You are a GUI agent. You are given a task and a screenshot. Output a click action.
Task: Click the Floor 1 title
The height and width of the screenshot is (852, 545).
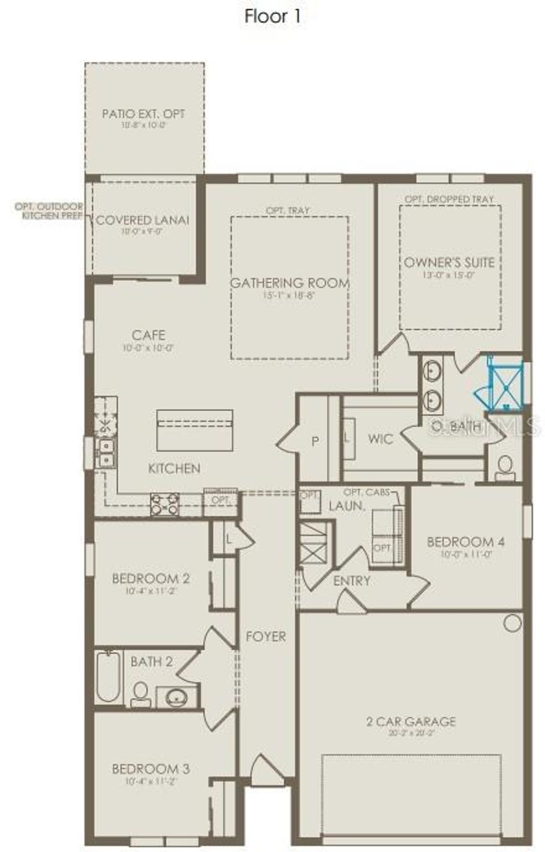tap(272, 17)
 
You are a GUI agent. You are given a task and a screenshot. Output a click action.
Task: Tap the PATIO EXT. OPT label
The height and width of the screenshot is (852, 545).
tap(144, 113)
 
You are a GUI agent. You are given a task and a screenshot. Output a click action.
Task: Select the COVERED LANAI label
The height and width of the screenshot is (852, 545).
tap(142, 220)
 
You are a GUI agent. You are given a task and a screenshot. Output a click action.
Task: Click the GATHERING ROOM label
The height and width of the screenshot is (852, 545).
tap(290, 283)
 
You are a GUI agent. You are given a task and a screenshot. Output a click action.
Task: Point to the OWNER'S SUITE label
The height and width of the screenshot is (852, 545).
tap(449, 262)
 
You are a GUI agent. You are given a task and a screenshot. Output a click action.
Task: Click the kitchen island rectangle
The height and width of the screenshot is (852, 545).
tap(195, 431)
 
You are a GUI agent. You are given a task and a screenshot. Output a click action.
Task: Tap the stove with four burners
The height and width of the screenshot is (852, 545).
tap(164, 504)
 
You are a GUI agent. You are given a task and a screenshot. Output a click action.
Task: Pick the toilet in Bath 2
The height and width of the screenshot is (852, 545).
tap(141, 694)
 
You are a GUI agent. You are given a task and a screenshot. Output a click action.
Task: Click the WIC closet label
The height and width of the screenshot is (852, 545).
tap(381, 439)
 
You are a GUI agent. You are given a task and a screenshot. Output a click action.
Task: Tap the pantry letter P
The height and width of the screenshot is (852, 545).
tap(315, 442)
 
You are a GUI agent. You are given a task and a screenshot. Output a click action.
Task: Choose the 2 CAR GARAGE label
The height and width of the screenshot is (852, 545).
tap(411, 721)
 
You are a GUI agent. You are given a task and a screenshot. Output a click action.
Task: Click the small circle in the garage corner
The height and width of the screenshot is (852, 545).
tap(512, 623)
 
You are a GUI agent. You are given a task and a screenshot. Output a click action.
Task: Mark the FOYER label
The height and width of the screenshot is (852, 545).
tap(266, 636)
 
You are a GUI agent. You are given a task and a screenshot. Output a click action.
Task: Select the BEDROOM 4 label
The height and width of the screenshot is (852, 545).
tap(465, 542)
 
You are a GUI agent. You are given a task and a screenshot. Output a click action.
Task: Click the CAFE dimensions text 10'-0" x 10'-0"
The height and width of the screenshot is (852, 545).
tap(148, 348)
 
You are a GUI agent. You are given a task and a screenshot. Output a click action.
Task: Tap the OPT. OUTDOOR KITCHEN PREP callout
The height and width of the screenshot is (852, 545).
tap(49, 211)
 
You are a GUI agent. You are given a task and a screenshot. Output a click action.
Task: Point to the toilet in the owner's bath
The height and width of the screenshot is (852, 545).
tap(505, 467)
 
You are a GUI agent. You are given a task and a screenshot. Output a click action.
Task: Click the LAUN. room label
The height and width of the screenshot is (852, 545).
tap(346, 506)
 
